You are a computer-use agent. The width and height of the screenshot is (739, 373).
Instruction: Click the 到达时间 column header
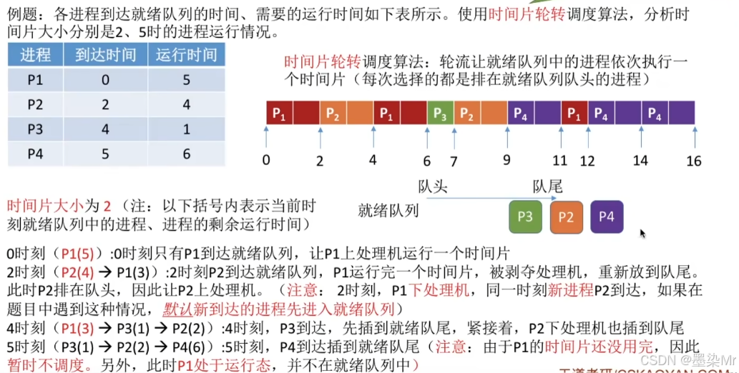(x=105, y=55)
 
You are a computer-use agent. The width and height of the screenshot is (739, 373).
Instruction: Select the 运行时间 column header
(x=186, y=55)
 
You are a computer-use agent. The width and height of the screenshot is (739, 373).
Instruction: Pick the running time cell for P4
(x=186, y=153)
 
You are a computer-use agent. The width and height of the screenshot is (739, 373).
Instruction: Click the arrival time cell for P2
(x=105, y=104)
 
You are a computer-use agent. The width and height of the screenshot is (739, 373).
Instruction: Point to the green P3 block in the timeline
(x=440, y=113)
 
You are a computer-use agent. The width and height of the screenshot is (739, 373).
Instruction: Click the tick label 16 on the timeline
(x=693, y=161)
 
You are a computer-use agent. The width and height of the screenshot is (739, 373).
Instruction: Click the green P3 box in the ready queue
(x=526, y=217)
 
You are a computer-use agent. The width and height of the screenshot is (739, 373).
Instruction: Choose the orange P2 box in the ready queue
(x=567, y=217)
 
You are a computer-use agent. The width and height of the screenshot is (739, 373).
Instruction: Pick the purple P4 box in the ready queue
(x=607, y=217)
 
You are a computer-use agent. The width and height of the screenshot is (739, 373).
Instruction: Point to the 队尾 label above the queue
(x=547, y=187)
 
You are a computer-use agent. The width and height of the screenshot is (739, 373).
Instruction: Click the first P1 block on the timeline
(x=279, y=113)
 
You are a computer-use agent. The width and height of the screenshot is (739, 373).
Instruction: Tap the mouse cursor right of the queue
(x=642, y=233)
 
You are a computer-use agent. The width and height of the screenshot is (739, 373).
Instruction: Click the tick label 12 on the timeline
(x=587, y=161)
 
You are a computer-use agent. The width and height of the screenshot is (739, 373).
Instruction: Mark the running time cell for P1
(x=186, y=80)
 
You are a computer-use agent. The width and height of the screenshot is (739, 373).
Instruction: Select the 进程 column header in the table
(x=35, y=55)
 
